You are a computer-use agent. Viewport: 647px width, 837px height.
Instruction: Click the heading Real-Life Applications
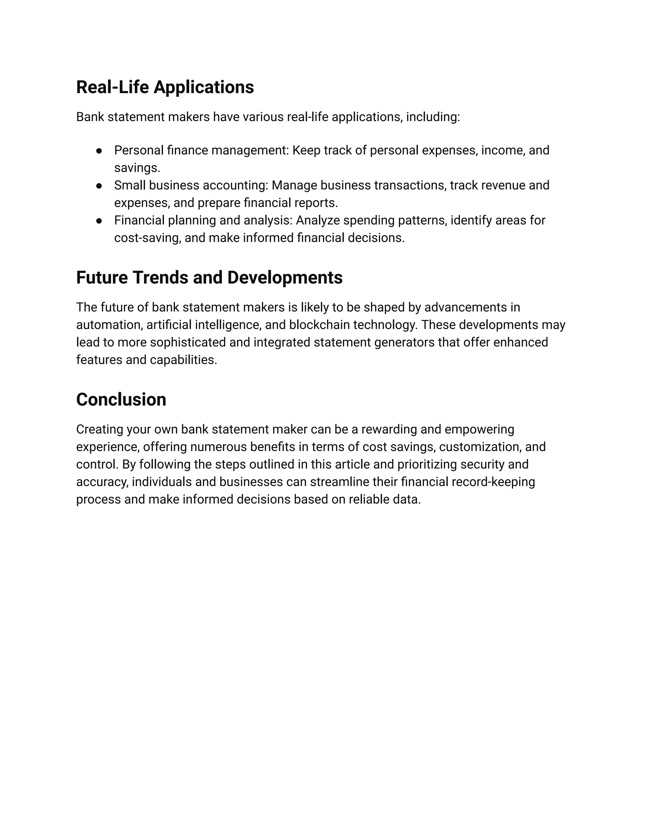(x=165, y=87)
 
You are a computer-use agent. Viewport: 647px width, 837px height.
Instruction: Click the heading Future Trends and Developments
(x=209, y=277)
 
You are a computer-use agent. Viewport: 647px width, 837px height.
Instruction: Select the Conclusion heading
(x=121, y=399)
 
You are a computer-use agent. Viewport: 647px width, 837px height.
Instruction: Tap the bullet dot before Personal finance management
(x=99, y=151)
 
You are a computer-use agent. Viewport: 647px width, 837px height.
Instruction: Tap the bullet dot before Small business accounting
(x=99, y=186)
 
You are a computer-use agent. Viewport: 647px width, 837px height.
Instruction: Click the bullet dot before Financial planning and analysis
(x=99, y=221)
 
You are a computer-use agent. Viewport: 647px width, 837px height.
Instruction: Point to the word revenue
(x=503, y=185)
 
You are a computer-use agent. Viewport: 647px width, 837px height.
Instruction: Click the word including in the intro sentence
(x=432, y=117)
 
